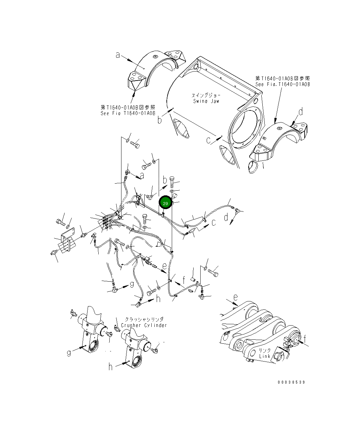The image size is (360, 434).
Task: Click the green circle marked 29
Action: click(165, 203)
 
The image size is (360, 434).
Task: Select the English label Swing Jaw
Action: click(206, 101)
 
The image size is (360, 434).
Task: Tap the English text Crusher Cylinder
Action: click(144, 325)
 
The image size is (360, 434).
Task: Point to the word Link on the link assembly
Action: click(264, 356)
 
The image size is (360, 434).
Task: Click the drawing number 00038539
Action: click(291, 382)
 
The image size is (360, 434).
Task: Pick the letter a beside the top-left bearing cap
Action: click(118, 55)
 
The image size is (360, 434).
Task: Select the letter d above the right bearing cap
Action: click(301, 112)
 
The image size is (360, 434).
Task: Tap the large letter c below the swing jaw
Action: click(209, 140)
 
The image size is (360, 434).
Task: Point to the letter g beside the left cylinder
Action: click(69, 353)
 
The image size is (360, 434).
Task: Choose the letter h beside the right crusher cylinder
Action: click(110, 367)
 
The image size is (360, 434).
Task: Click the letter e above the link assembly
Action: click(236, 297)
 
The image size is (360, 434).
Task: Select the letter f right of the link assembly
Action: click(305, 338)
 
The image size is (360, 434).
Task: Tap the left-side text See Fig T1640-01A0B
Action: click(128, 113)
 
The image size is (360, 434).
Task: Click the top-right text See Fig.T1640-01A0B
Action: click(282, 84)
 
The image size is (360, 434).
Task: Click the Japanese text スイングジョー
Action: click(206, 95)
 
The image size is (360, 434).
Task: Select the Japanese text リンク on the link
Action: click(265, 350)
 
